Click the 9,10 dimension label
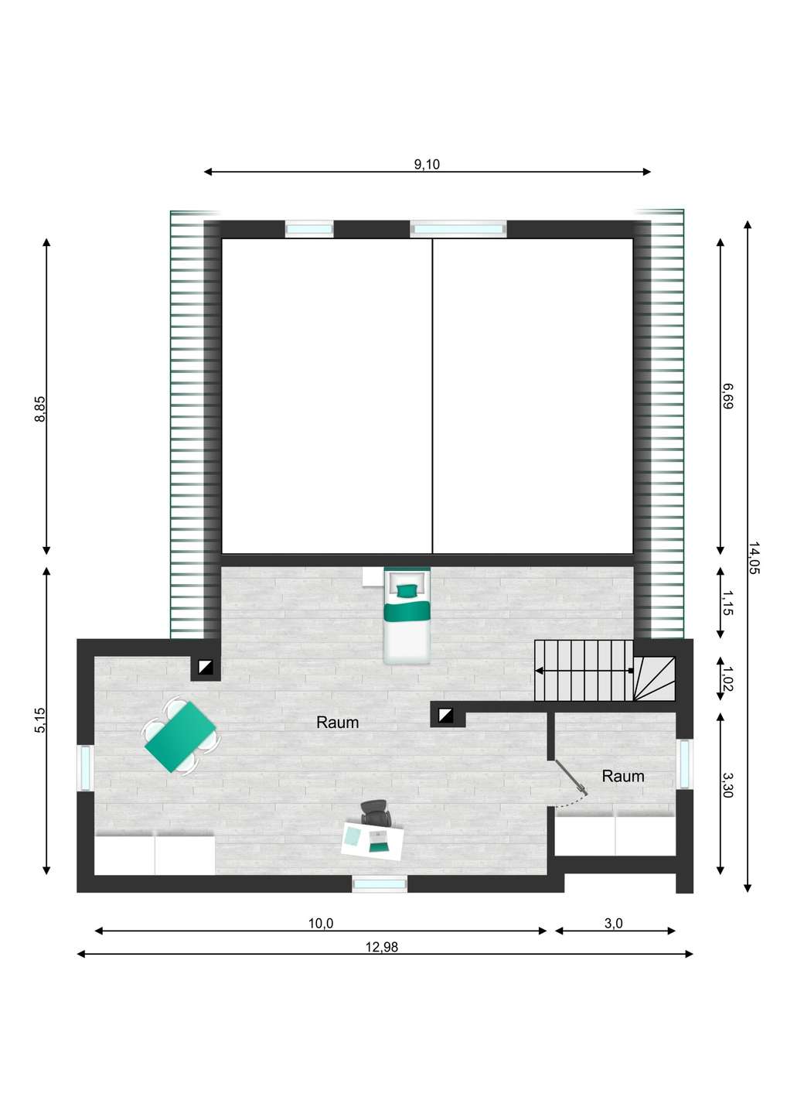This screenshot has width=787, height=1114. point(427,164)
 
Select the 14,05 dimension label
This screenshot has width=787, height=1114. point(754,558)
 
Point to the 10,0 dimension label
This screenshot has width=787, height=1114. point(321,924)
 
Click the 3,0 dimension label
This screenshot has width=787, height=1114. point(614,924)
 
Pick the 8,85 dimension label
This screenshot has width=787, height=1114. point(39,408)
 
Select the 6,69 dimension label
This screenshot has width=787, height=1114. point(727,396)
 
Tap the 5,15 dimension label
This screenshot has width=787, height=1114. point(39,720)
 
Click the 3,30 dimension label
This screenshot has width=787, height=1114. point(727,784)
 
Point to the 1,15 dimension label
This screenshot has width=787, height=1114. point(727,603)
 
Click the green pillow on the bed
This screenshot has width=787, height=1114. point(407,590)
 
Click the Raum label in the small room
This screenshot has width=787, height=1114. point(623,776)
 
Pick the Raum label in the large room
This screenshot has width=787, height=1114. point(337,722)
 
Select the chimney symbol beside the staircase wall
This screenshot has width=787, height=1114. point(445,716)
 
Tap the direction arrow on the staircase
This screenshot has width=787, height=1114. point(584,671)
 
